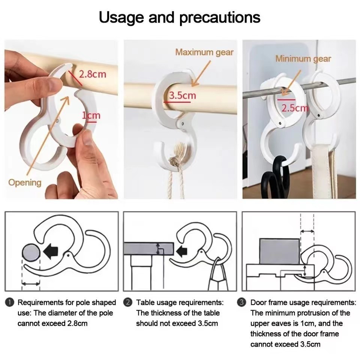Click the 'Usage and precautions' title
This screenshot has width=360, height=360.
pos(180,18)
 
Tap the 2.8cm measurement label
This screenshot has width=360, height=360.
pos(93,74)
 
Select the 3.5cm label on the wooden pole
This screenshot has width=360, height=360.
pos(183,95)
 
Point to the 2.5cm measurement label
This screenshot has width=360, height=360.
pos(295,108)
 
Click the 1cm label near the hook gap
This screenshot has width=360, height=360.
pos(91,115)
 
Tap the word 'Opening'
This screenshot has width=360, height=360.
pos(25,183)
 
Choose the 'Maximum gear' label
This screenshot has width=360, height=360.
pos(204,52)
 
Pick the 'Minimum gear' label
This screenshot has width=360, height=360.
pos(303,59)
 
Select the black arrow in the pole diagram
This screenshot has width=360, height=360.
pos(51,251)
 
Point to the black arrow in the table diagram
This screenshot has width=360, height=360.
pos(182,250)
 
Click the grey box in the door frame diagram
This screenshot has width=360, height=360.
pos(279,252)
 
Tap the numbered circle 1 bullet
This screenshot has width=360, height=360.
pos(9,302)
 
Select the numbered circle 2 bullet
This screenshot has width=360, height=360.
pos(127,302)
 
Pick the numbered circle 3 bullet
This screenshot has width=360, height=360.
pos(241,302)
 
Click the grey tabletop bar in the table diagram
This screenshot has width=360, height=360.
pos(148,249)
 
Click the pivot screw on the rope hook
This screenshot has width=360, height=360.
pos(183,124)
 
